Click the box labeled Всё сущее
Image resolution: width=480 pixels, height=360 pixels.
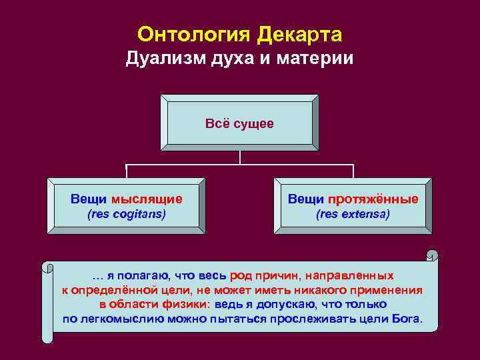click(239, 123)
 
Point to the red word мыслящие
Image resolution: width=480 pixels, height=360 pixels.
click(147, 199)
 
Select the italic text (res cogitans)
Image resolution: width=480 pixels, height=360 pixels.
click(127, 215)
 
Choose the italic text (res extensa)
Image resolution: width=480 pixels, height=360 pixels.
click(353, 215)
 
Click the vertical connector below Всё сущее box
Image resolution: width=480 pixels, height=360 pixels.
click(239, 157)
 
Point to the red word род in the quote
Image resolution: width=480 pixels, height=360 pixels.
click(238, 275)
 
